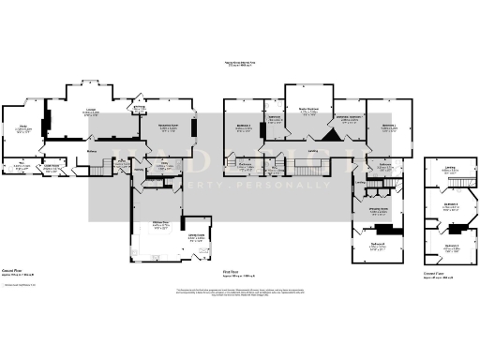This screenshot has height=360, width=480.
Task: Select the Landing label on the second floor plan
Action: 450,169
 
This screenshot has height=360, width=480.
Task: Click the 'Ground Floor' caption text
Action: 11,271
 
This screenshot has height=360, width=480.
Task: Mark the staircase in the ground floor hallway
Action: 101,169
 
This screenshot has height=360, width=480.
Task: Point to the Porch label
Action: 140,109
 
